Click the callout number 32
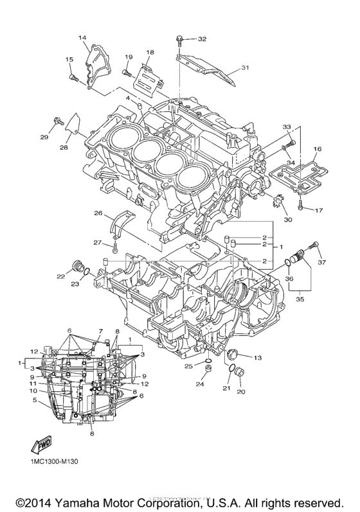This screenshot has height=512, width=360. pos(203,39)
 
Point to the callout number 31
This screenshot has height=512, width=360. pos(244,67)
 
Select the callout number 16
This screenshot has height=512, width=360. pos(316,149)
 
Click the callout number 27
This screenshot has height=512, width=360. pos(98,242)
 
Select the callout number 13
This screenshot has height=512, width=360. pos(258,357)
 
